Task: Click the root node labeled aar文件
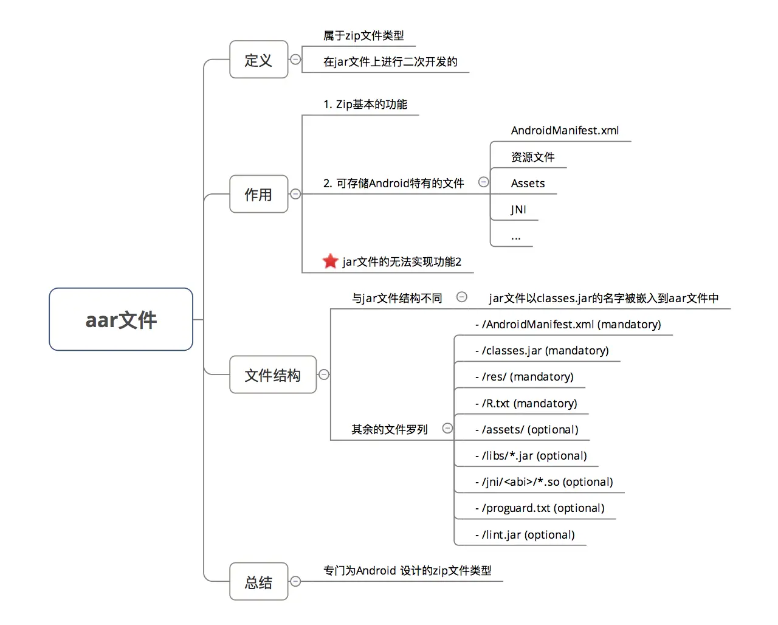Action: click(x=121, y=319)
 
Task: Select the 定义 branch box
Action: click(x=258, y=60)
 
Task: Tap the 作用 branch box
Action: click(x=258, y=194)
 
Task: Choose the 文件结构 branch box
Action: click(x=273, y=375)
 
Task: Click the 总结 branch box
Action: click(x=258, y=582)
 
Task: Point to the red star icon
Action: click(x=330, y=261)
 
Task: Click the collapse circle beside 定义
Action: click(x=295, y=60)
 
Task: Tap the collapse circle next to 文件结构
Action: click(x=324, y=375)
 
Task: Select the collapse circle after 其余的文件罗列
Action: click(x=447, y=428)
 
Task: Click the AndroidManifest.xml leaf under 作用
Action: click(x=565, y=131)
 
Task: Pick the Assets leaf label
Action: click(x=528, y=184)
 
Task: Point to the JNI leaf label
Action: click(x=518, y=210)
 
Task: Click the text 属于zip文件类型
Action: click(x=363, y=36)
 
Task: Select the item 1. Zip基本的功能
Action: click(x=365, y=105)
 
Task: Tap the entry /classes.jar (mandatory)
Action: click(x=542, y=351)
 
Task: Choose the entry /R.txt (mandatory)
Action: click(x=526, y=404)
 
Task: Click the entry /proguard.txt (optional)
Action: click(x=540, y=508)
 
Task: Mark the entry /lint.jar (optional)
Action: click(x=525, y=535)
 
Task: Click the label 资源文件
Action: click(x=532, y=157)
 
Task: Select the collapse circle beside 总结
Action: click(x=295, y=581)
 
